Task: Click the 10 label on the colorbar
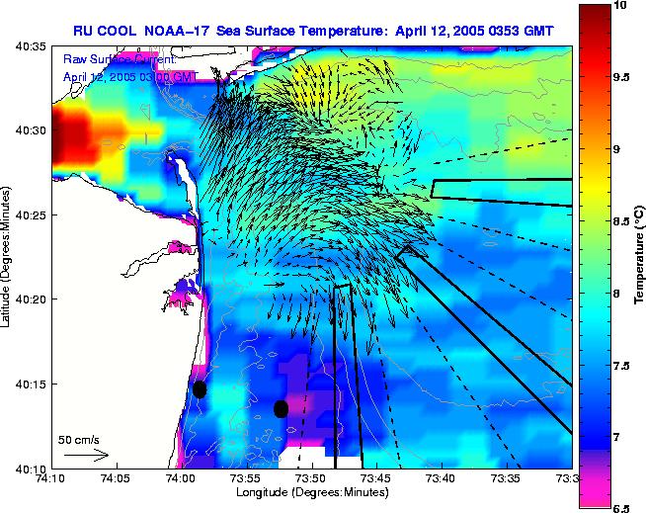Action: coord(620,6)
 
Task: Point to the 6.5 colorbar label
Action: coord(620,507)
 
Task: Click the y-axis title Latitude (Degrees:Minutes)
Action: coord(7,257)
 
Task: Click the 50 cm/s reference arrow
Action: coord(86,455)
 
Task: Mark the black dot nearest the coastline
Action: coord(200,389)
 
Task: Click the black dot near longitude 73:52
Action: coord(282,408)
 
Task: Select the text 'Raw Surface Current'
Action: coord(119,60)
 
